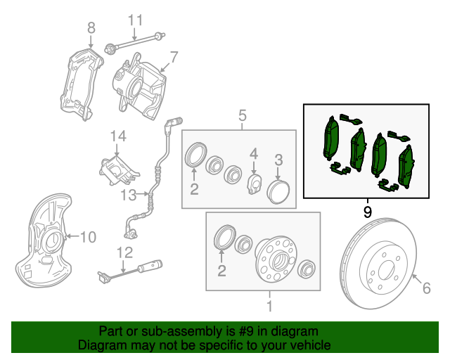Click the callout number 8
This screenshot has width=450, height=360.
[91, 28]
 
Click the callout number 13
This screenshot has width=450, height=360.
[127, 193]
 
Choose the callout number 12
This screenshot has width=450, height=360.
[124, 252]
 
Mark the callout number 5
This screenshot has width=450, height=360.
[243, 115]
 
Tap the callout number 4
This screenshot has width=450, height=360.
[254, 153]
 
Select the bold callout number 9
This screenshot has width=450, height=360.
[367, 210]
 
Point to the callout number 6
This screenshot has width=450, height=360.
[426, 287]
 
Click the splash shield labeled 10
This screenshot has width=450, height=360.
[42, 246]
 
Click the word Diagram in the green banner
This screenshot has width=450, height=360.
[99, 345]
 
